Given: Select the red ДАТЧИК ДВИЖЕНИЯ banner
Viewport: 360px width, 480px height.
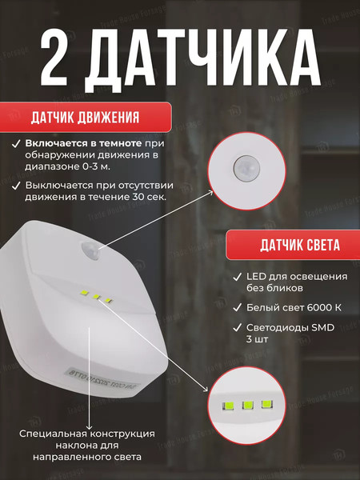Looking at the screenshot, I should (85, 118).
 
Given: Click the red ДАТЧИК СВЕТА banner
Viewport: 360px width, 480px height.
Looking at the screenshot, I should (289, 243).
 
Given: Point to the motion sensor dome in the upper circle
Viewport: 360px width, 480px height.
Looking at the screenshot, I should (245, 167).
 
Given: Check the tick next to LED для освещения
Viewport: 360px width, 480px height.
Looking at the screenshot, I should (237, 277).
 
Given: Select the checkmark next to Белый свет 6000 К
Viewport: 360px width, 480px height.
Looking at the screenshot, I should (237, 307).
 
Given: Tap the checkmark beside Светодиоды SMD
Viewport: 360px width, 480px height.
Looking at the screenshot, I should (237, 327).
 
